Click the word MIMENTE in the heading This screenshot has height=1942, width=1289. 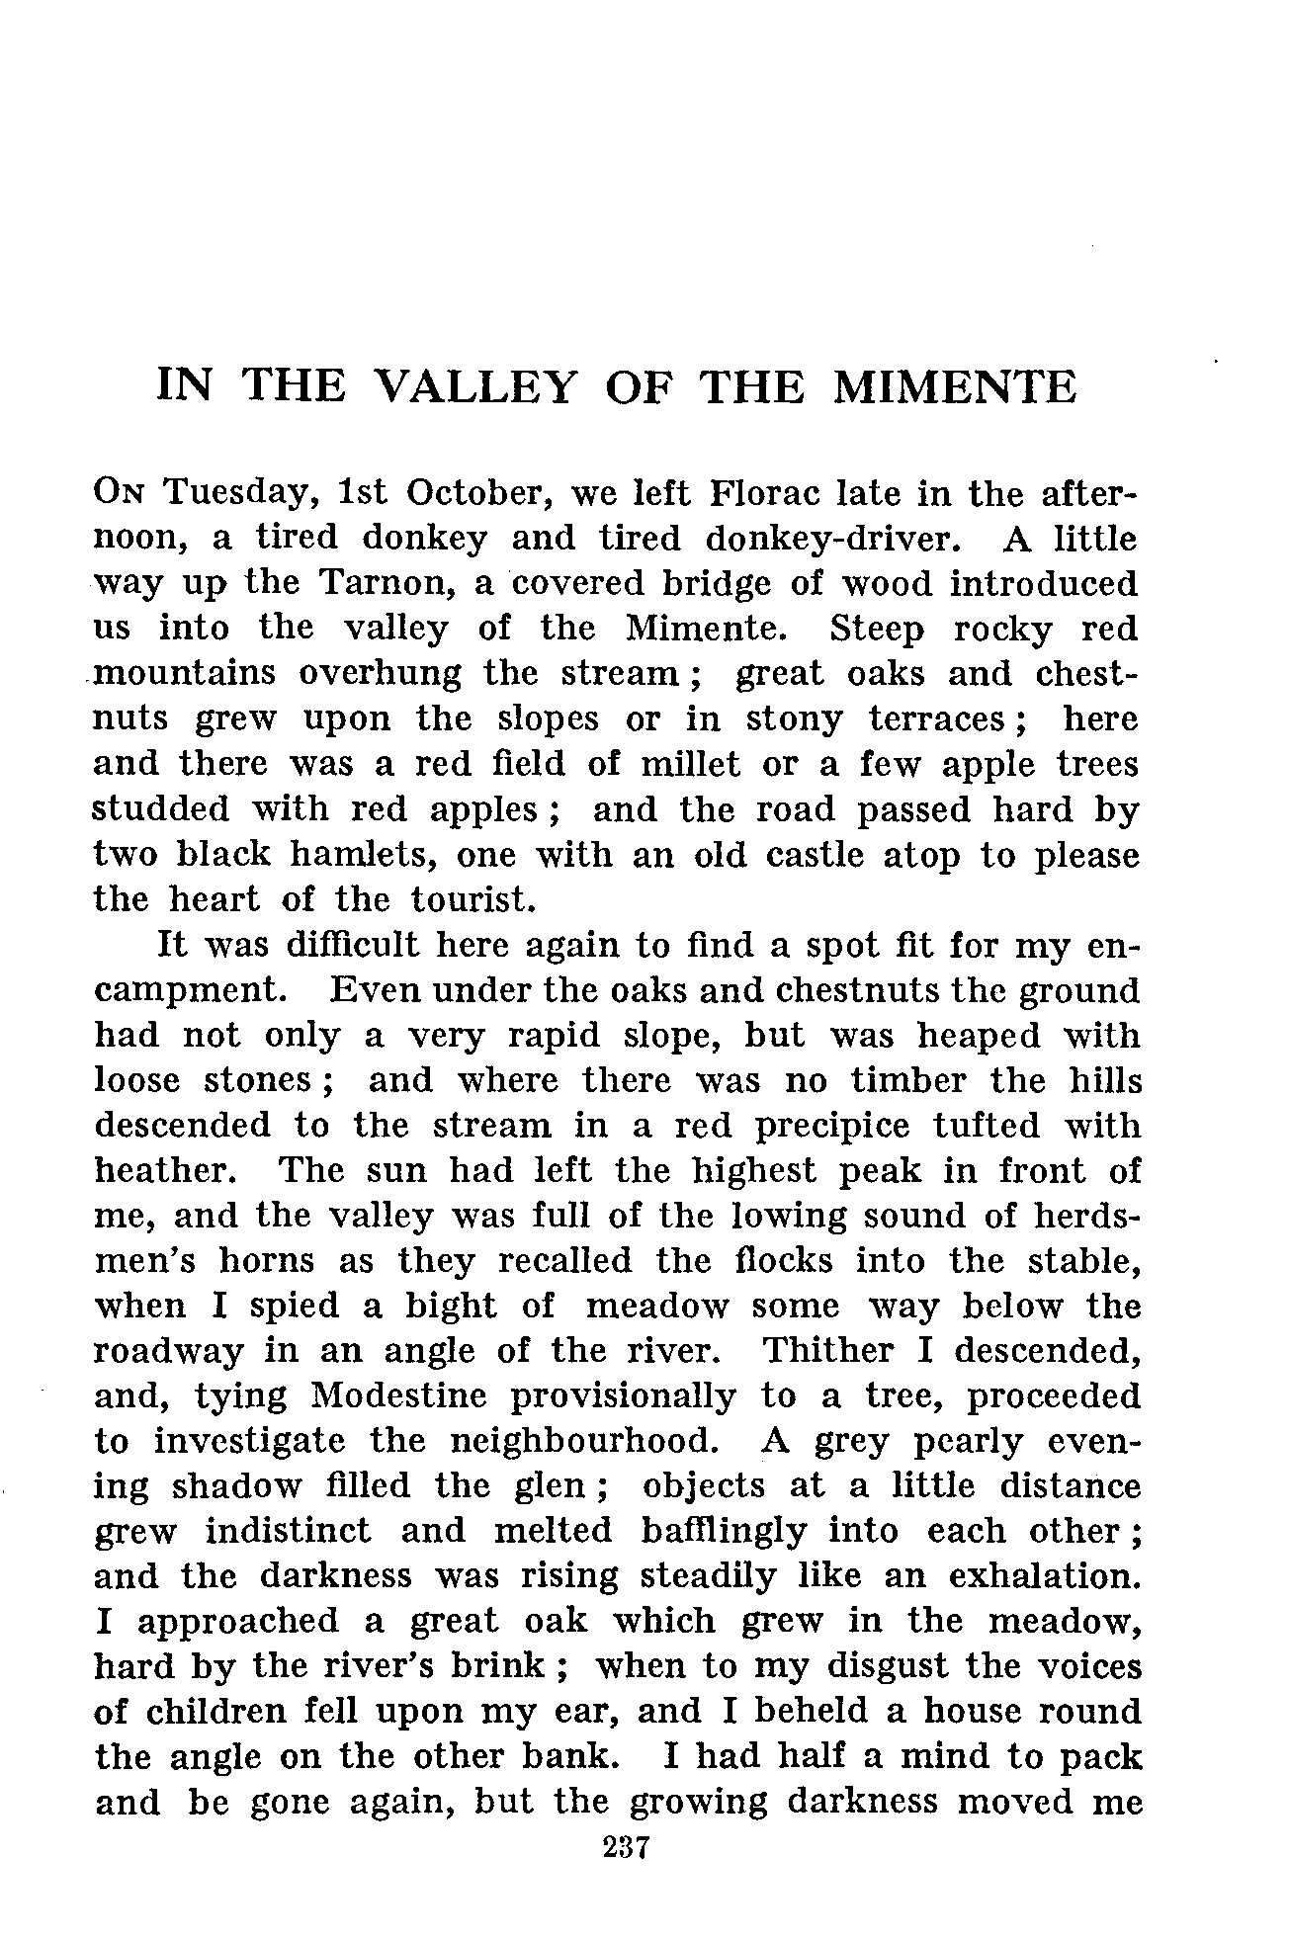pyautogui.click(x=955, y=386)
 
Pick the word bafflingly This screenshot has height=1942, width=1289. pyautogui.click(x=722, y=1531)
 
